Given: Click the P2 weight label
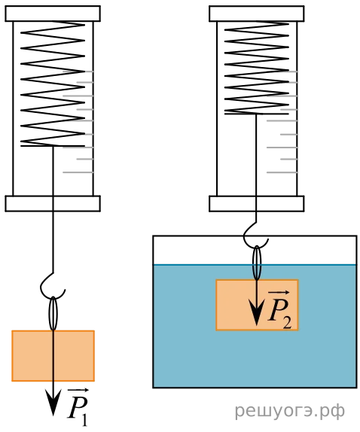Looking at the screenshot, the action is click(279, 309).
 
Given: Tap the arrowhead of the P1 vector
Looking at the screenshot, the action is click(53, 403).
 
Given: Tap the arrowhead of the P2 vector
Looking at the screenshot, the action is click(257, 313).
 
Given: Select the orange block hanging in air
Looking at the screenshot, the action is click(53, 356).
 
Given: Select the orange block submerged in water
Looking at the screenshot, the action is click(257, 305).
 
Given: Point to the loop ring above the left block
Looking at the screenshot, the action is click(53, 313).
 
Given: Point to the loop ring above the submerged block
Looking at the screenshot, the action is click(257, 263).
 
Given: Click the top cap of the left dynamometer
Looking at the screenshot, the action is click(53, 14).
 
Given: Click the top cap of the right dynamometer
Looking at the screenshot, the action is click(257, 14).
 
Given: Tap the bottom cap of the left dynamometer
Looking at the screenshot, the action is click(53, 204).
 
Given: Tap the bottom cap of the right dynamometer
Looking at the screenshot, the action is click(257, 204).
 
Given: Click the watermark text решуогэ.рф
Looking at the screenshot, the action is click(290, 412).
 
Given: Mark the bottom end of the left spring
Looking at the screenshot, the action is click(53, 146).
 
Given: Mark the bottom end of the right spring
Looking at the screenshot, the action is click(257, 114).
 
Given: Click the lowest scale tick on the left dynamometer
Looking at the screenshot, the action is click(78, 172).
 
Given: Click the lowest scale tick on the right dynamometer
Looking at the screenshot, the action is click(282, 172).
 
